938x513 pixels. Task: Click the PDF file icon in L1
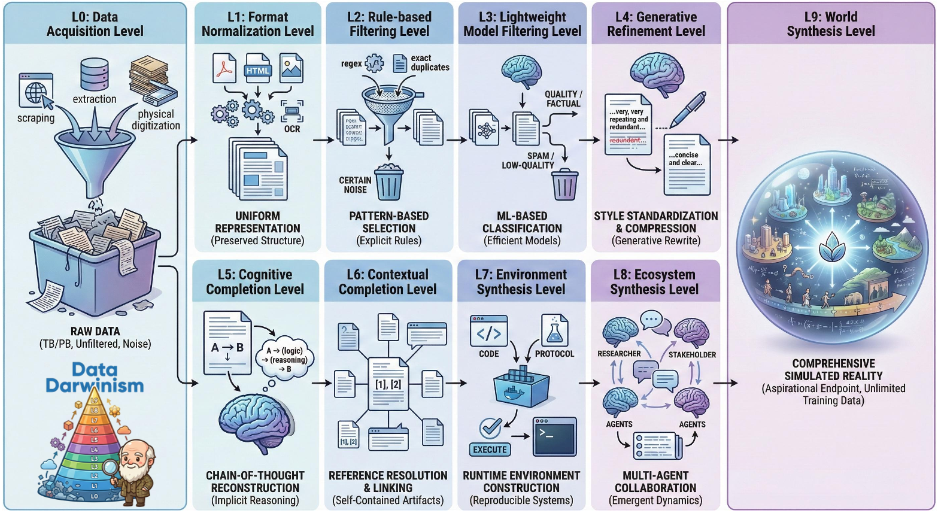pyautogui.click(x=224, y=68)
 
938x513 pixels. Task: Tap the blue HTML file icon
pyautogui.click(x=258, y=68)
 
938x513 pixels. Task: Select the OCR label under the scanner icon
pyautogui.click(x=292, y=129)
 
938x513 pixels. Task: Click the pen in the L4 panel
pyautogui.click(x=687, y=110)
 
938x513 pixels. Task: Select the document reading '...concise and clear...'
pyautogui.click(x=687, y=165)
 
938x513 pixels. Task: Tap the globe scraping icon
pyautogui.click(x=37, y=92)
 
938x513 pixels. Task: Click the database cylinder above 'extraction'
pyautogui.click(x=95, y=74)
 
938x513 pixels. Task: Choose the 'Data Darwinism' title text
pyautogui.click(x=95, y=377)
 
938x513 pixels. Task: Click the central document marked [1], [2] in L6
pyautogui.click(x=388, y=384)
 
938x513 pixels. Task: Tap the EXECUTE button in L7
pyautogui.click(x=490, y=450)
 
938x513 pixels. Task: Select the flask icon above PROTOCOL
pyautogui.click(x=554, y=331)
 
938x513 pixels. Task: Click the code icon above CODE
pyautogui.click(x=489, y=331)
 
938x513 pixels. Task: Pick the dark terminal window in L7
pyautogui.click(x=554, y=436)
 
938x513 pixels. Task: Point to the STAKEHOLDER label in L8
pyautogui.click(x=692, y=354)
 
